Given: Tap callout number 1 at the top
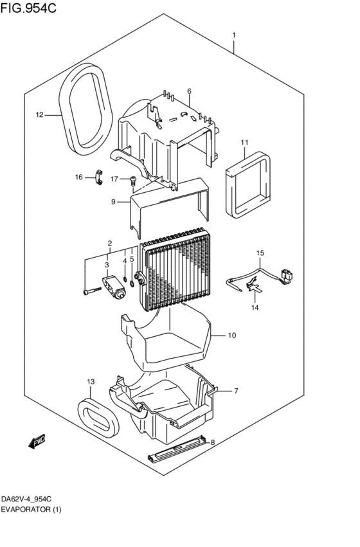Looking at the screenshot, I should click(x=234, y=35).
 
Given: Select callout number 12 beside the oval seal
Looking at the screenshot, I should click(x=39, y=115).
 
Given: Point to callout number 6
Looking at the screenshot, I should click(x=190, y=91).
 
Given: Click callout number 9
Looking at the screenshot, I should click(x=113, y=202).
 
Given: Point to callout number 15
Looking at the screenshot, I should click(x=260, y=253).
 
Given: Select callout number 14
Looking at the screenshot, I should click(x=255, y=308).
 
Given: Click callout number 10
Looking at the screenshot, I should click(x=232, y=335).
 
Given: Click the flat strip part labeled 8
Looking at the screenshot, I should click(x=177, y=447).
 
